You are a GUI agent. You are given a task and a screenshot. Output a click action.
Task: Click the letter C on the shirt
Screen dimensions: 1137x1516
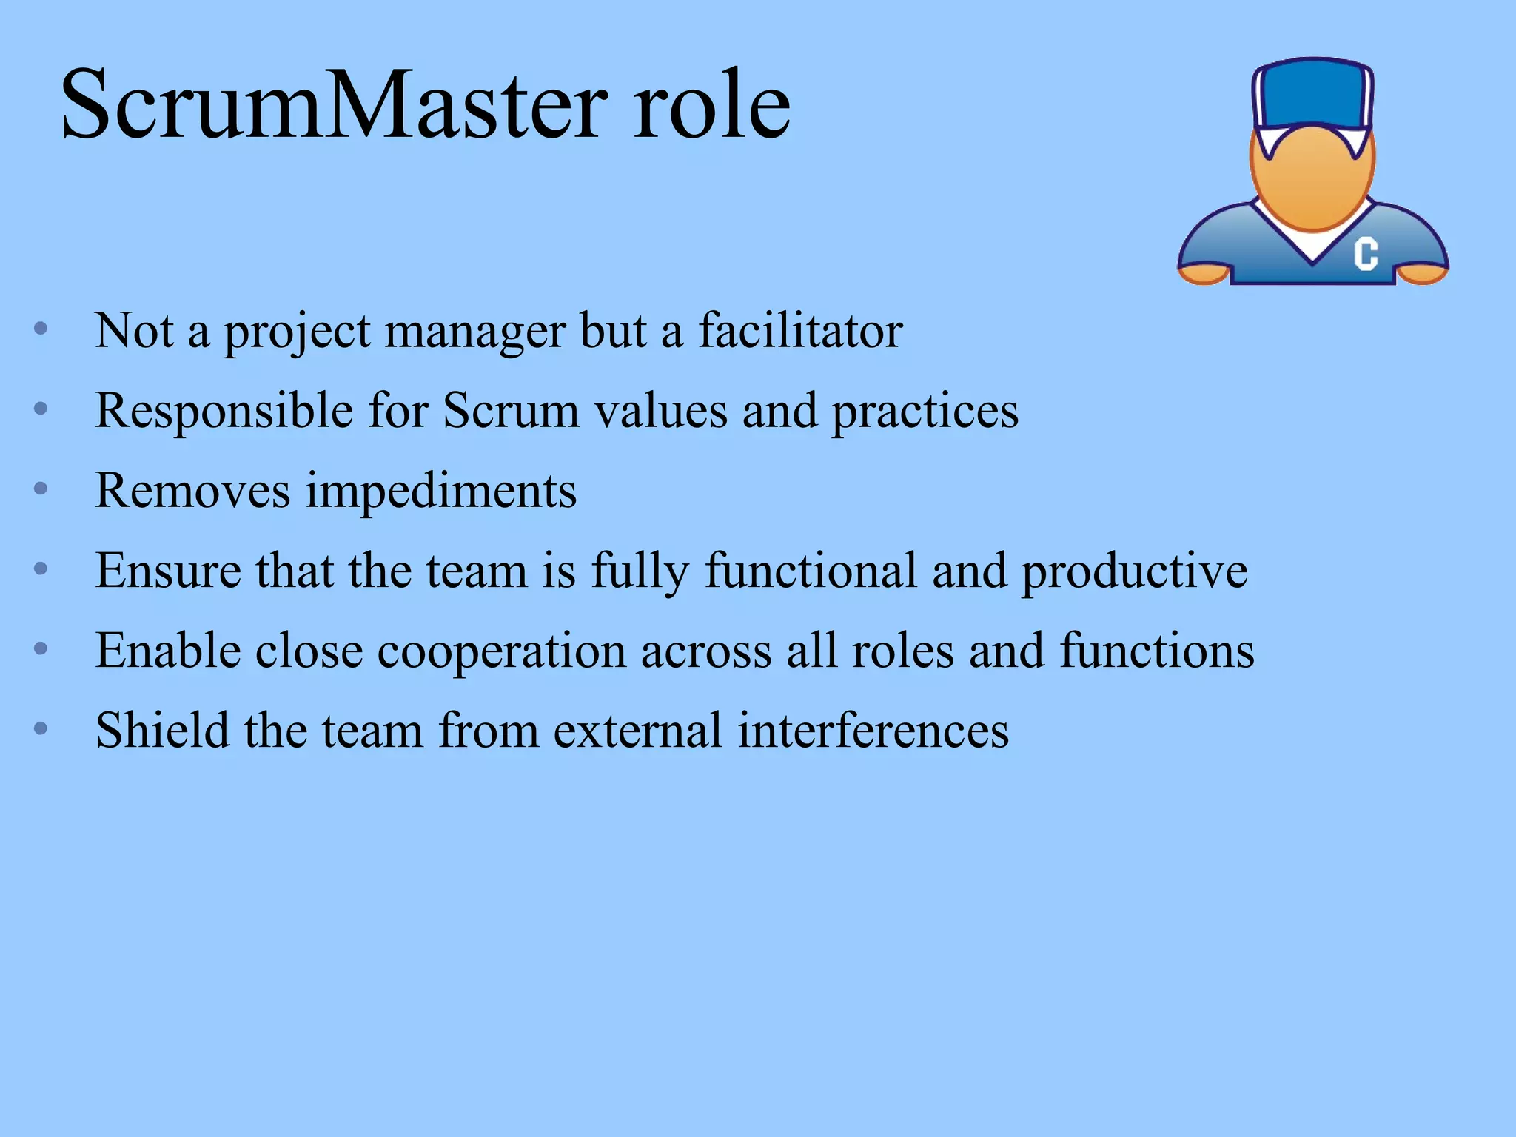click(x=1366, y=254)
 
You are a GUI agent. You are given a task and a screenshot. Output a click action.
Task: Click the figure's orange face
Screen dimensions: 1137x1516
click(x=1312, y=178)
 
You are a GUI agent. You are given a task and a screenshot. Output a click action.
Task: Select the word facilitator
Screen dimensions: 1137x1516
click(x=800, y=331)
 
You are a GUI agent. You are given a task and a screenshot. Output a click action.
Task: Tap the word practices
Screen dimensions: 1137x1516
click(x=925, y=412)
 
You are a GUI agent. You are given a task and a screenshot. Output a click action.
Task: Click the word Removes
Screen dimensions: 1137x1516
click(x=192, y=491)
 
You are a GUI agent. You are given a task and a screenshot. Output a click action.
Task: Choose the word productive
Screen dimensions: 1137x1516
click(x=1134, y=572)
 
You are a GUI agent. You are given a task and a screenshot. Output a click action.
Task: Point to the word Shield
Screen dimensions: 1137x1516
click(x=162, y=731)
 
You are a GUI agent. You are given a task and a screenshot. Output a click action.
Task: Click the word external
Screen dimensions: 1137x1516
click(x=637, y=731)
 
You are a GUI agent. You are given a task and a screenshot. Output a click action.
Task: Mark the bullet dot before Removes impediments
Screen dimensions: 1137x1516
click(x=41, y=489)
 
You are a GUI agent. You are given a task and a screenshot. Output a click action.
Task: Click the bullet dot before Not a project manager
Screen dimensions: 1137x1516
click(x=41, y=328)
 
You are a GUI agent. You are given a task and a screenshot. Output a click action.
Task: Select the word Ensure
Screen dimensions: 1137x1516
click(x=168, y=571)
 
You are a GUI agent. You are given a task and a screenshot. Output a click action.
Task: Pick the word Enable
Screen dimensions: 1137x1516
click(x=168, y=651)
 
